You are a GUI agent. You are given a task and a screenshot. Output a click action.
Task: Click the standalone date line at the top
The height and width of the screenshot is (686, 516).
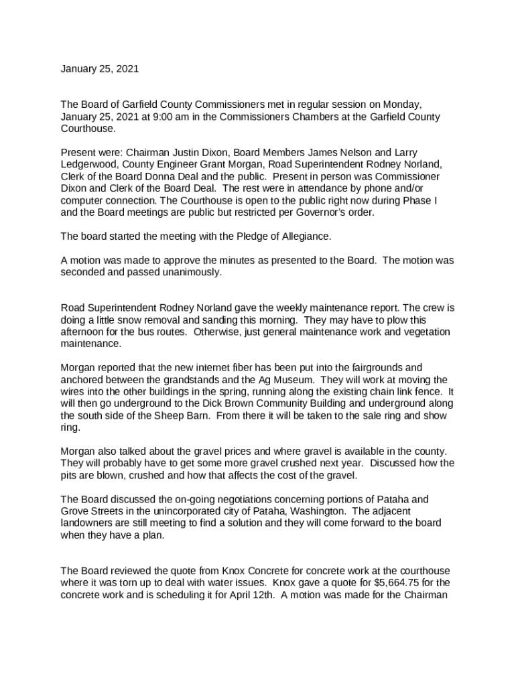point(100,69)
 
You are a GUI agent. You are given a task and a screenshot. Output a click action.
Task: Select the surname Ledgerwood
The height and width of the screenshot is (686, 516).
point(86,164)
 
